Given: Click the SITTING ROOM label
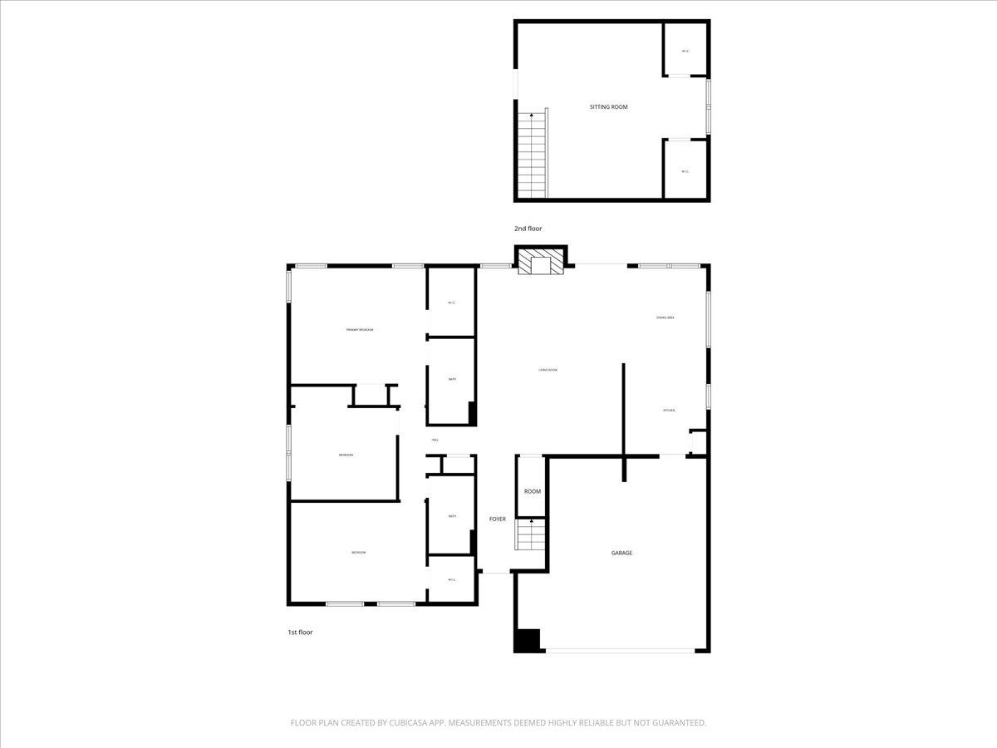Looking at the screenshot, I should coord(608,107).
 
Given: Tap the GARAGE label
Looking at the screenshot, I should coord(621,553).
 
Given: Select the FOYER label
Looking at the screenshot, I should coord(497,519).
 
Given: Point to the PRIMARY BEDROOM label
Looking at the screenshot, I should coord(360,330).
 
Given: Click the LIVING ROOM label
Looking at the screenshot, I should coord(548,370).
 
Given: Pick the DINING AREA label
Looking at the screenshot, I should coord(665,317).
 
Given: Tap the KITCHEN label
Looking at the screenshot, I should coord(669,411).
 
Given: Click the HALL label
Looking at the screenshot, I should coord(435,440).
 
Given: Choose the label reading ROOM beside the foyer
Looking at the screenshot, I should coord(533,491).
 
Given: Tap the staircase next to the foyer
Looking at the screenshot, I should coord(530,534).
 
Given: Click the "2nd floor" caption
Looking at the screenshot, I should coord(528,228).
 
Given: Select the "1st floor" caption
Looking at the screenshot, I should coord(300,632).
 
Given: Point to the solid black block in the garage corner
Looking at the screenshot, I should coord(527,640).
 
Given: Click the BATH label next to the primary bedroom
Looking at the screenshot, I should coord(452,379).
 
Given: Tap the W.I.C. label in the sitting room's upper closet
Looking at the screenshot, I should coord(685,52).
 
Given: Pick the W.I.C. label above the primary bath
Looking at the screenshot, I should coord(451,303).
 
